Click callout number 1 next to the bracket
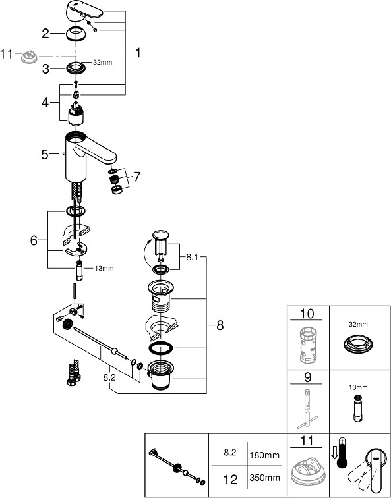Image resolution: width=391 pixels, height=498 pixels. [138, 53]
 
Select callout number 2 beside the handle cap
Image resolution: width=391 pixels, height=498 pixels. [45, 33]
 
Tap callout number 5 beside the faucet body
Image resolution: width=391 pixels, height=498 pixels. [45, 154]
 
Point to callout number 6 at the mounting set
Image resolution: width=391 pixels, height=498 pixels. [34, 241]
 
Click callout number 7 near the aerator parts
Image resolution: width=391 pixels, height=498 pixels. [136, 177]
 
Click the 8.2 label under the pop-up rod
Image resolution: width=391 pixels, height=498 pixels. [109, 379]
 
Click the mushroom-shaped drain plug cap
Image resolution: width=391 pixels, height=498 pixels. [160, 236]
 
